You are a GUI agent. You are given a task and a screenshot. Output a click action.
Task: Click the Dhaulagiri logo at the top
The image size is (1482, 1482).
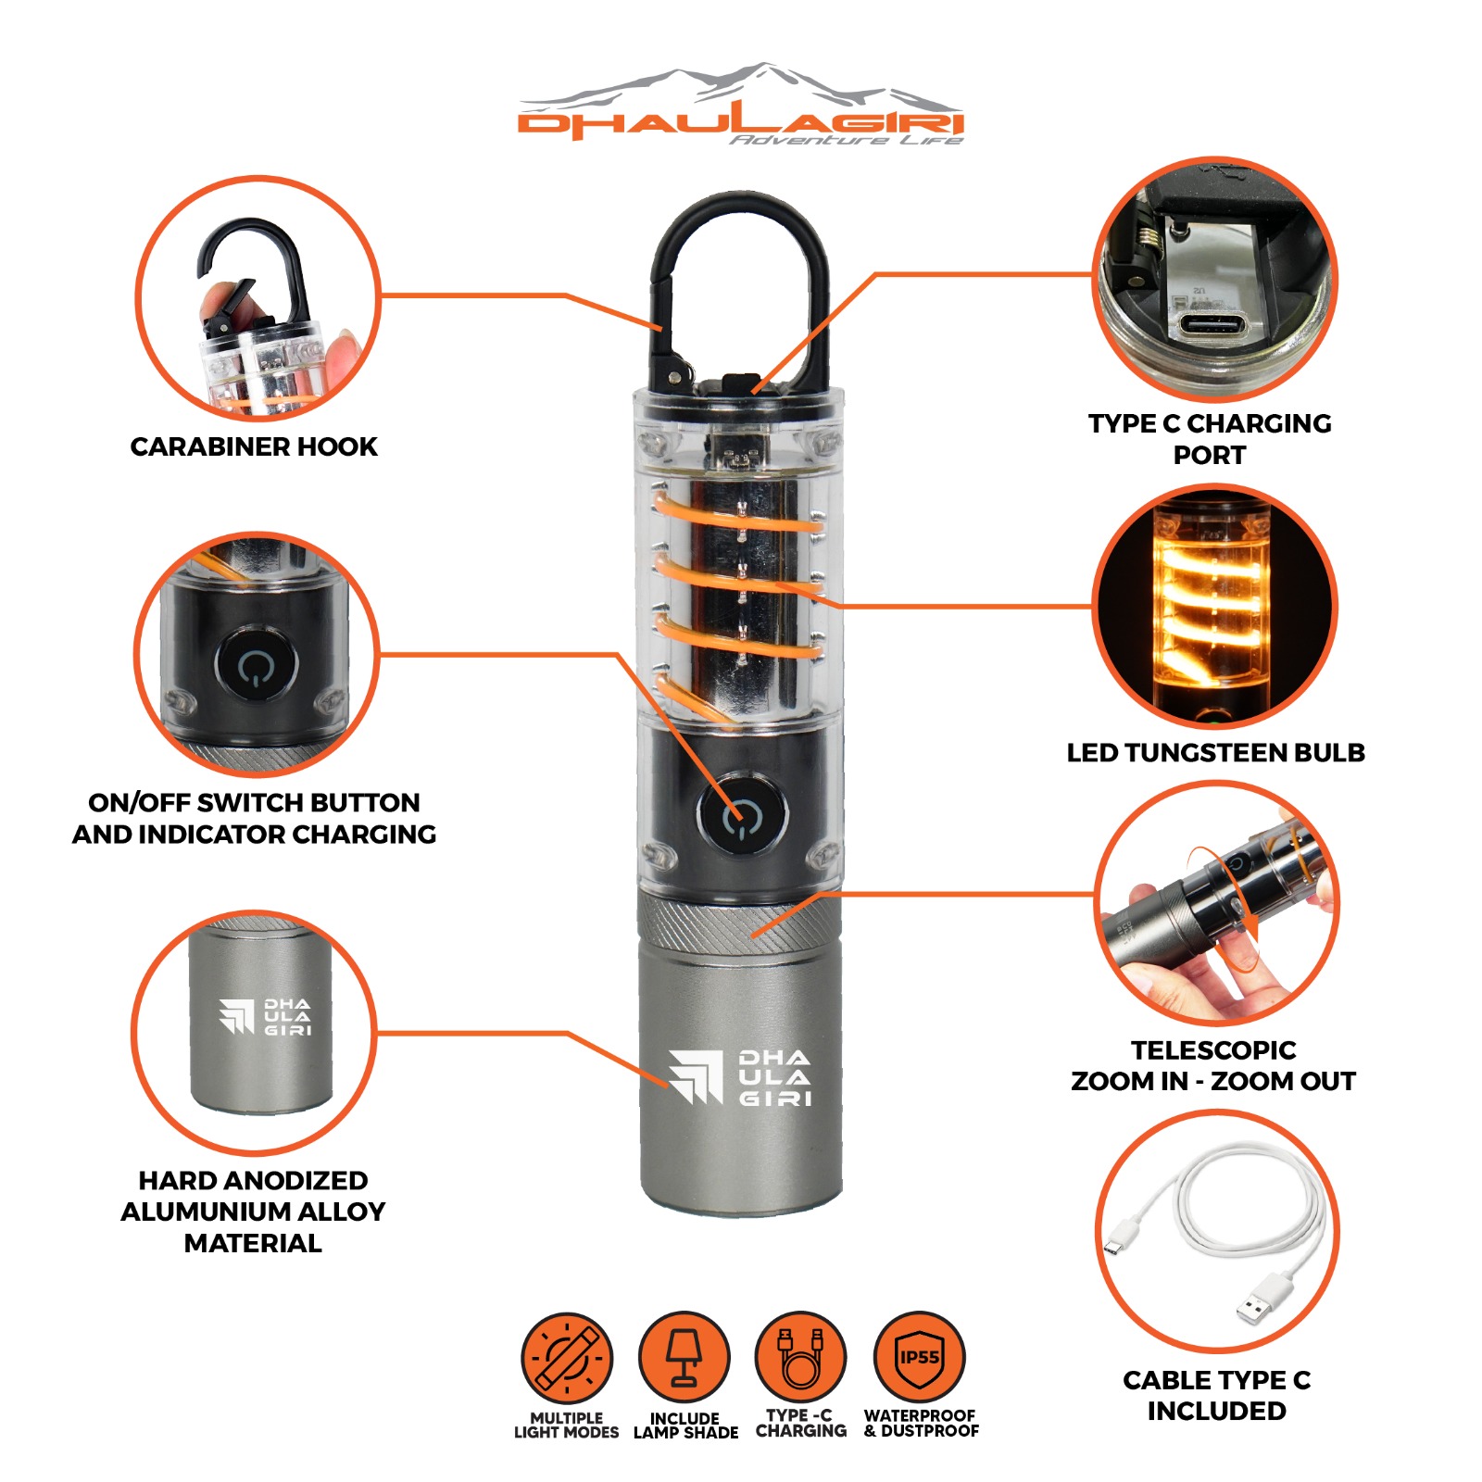[x=741, y=104]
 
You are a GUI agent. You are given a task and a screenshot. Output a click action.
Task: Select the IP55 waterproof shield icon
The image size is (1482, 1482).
[x=920, y=1357]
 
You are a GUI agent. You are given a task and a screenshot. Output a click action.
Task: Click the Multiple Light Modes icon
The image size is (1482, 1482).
[x=567, y=1358]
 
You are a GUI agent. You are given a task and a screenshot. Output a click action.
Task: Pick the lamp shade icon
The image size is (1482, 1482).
[x=684, y=1357]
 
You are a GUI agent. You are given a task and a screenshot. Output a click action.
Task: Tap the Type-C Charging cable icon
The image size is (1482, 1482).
[x=801, y=1357]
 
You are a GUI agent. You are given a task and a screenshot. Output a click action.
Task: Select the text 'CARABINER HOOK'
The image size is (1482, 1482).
[x=254, y=446]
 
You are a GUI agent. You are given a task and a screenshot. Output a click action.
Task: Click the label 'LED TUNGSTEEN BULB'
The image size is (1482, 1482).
[x=1215, y=752]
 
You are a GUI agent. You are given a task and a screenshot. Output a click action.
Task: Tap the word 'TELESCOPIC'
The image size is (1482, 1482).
[x=1213, y=1049]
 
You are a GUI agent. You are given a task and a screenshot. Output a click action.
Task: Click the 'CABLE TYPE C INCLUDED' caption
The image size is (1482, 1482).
[x=1217, y=1395]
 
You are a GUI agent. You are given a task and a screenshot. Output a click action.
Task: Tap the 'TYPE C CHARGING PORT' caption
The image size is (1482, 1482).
[x=1210, y=439]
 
